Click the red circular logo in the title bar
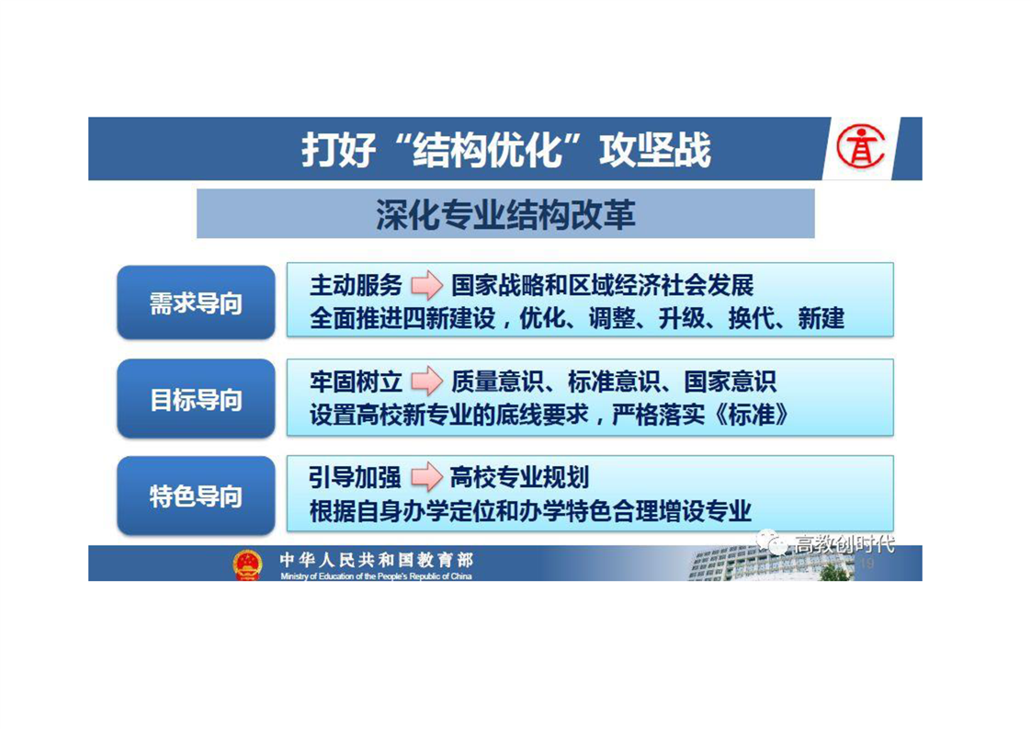(860, 147)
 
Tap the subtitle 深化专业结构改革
(505, 214)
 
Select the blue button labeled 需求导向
(196, 302)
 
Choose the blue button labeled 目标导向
(196, 399)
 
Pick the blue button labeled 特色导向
(196, 495)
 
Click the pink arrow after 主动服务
(426, 285)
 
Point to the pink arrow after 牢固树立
(426, 381)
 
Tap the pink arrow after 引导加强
(426, 477)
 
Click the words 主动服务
(356, 286)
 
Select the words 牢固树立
(356, 382)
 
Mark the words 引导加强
(355, 478)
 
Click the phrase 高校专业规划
(519, 478)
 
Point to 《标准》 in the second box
(751, 415)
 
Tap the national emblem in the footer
(247, 565)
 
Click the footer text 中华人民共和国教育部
(376, 560)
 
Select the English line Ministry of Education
(376, 576)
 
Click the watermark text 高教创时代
(844, 544)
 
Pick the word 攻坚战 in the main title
(655, 149)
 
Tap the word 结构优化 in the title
(488, 149)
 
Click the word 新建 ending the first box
(821, 318)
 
